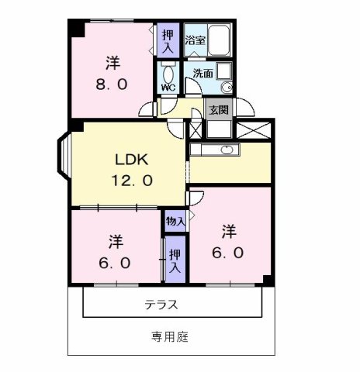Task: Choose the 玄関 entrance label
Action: [218, 109]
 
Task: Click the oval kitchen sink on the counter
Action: [228, 150]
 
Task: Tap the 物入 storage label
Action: [175, 222]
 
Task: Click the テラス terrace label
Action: [161, 305]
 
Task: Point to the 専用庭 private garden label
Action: [170, 337]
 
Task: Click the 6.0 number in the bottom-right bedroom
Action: [228, 253]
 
